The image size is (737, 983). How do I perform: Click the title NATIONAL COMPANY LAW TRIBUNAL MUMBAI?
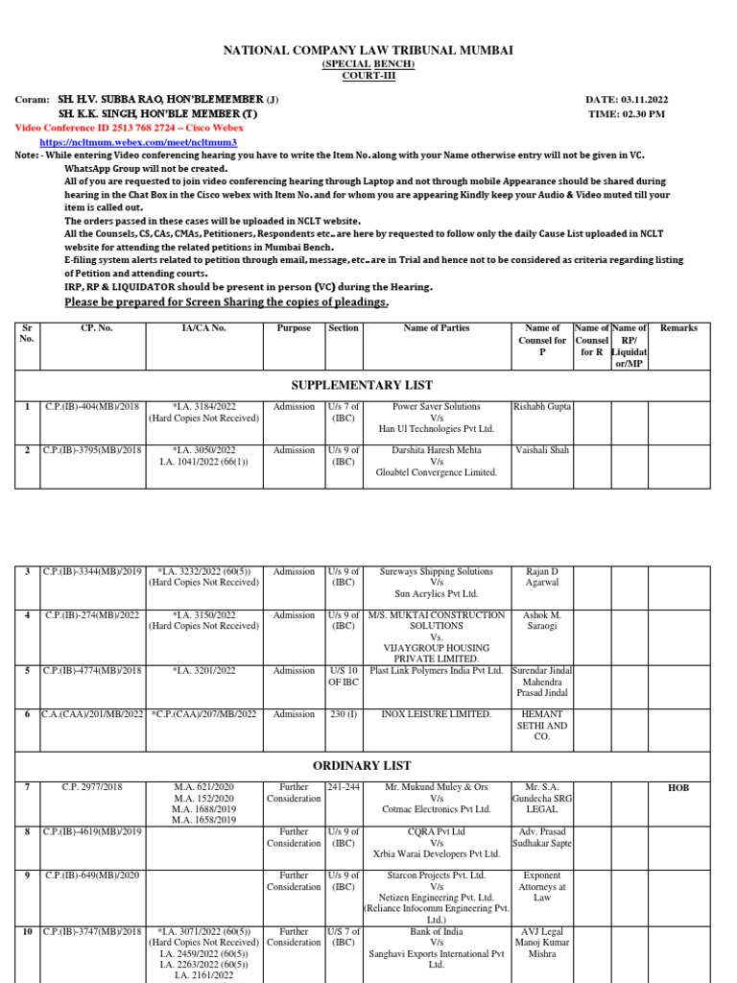tap(368, 50)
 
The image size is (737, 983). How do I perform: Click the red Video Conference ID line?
tap(130, 128)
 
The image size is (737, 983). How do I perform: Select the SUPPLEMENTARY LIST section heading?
tap(361, 385)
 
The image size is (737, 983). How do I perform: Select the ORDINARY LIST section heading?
tap(361, 765)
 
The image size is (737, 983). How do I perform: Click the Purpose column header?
tap(294, 328)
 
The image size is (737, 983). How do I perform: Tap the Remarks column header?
tap(678, 328)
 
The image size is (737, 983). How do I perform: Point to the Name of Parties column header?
tap(437, 328)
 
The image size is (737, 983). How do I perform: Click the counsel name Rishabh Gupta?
tap(542, 407)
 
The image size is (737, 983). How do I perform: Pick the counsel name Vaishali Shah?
tap(542, 450)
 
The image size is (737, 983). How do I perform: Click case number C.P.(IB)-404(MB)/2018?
tap(93, 407)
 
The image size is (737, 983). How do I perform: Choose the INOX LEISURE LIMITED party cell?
tap(437, 714)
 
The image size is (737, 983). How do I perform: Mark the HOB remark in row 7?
tap(678, 788)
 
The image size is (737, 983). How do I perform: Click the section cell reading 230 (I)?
tap(344, 714)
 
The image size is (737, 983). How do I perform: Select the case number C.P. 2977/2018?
tap(93, 788)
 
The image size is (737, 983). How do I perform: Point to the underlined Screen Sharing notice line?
tap(226, 303)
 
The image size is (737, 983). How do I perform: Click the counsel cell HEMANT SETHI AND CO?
tap(542, 726)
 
